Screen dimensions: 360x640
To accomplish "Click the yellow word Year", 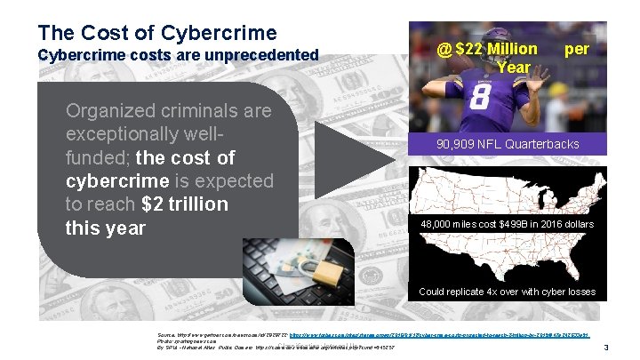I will tap(515, 67).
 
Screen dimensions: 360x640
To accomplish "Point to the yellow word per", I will tap(577, 49).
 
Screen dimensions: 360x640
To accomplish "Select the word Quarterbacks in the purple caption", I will tap(545, 144).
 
